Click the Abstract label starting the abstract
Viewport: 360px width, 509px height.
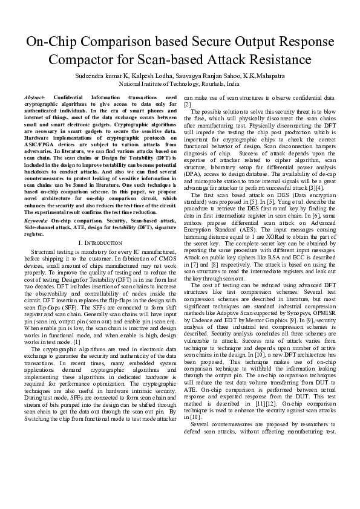click(34, 97)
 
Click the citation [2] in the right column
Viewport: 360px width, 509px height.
click(187, 104)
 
